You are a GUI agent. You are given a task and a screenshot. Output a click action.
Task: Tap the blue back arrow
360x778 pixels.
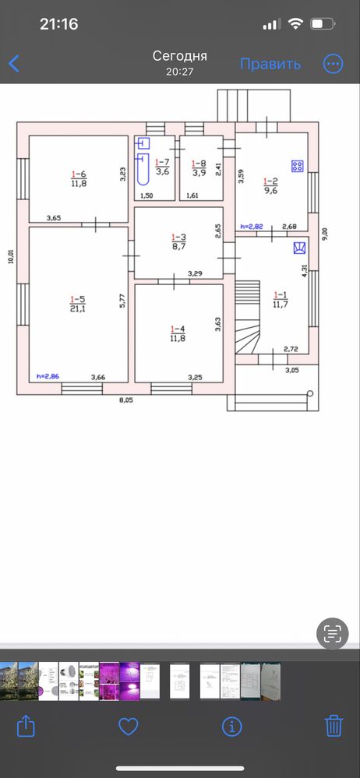[x=14, y=64]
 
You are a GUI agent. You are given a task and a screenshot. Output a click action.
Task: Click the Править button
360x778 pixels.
[x=270, y=64]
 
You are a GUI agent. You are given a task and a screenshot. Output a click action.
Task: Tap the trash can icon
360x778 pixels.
[x=334, y=727]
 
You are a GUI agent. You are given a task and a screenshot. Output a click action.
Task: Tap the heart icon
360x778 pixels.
[x=128, y=727]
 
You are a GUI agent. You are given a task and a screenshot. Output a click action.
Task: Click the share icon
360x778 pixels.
[x=26, y=727]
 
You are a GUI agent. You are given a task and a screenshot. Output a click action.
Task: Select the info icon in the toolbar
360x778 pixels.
[x=231, y=727]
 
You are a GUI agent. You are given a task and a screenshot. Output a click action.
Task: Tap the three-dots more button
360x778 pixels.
[x=334, y=64]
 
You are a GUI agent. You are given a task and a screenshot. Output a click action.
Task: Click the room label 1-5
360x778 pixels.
[x=78, y=299]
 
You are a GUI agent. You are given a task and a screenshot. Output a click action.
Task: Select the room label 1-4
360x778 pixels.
[x=178, y=329]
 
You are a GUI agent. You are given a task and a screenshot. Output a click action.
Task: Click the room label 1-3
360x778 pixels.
[x=178, y=238]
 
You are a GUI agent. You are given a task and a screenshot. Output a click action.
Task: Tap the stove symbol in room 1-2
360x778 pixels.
[x=298, y=166]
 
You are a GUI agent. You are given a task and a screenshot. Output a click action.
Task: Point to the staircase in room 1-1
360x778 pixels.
[x=248, y=316]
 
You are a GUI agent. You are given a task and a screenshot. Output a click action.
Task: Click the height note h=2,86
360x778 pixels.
[x=48, y=377]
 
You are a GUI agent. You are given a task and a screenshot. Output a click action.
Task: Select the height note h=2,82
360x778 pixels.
[x=251, y=227]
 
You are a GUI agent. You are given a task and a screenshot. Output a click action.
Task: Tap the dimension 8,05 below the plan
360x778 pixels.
[x=127, y=400]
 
